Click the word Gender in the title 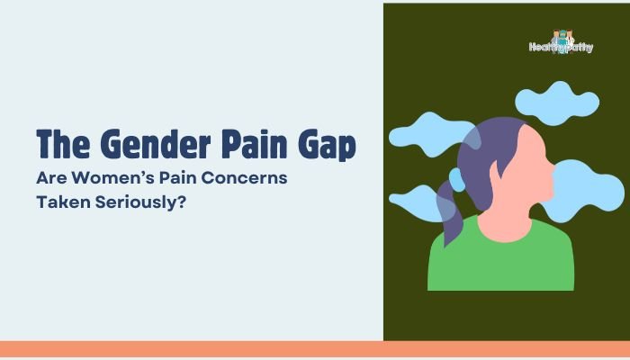click(155, 144)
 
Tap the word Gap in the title click(327, 146)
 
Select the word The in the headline click(63, 144)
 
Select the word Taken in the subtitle click(63, 202)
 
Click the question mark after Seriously click(181, 202)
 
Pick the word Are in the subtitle click(51, 177)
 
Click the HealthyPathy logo click(561, 42)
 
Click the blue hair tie click(457, 180)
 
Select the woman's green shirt click(500, 259)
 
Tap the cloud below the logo click(557, 103)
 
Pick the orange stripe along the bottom click(315, 349)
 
